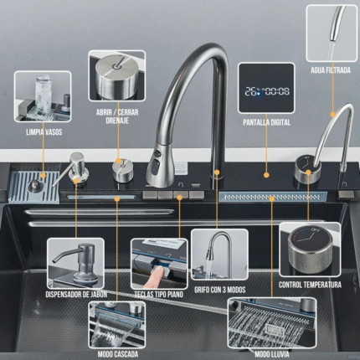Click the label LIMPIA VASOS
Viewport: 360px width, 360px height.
click(x=44, y=132)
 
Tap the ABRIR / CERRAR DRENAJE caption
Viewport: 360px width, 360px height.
click(x=117, y=116)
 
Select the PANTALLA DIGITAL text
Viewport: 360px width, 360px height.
click(x=266, y=122)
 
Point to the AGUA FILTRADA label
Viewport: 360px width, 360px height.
click(x=331, y=70)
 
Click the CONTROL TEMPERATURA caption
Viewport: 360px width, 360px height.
click(x=310, y=285)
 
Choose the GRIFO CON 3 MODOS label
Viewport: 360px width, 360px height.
click(x=220, y=290)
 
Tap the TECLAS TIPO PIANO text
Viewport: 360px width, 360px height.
click(x=158, y=295)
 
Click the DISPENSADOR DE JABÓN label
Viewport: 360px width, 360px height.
click(x=76, y=295)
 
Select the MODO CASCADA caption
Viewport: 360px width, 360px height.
click(x=118, y=354)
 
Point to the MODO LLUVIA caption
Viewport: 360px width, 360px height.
click(x=272, y=354)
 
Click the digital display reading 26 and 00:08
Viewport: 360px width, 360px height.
click(x=266, y=91)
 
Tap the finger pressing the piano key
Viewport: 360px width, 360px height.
click(x=155, y=277)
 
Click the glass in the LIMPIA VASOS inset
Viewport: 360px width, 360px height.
click(x=44, y=94)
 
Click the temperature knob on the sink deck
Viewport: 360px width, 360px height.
click(x=308, y=170)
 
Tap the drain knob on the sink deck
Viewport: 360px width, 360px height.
click(x=123, y=170)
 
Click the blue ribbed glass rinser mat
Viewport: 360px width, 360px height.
click(x=34, y=187)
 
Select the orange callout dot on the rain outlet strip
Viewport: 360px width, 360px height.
click(x=272, y=198)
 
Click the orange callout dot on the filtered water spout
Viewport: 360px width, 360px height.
click(x=332, y=114)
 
